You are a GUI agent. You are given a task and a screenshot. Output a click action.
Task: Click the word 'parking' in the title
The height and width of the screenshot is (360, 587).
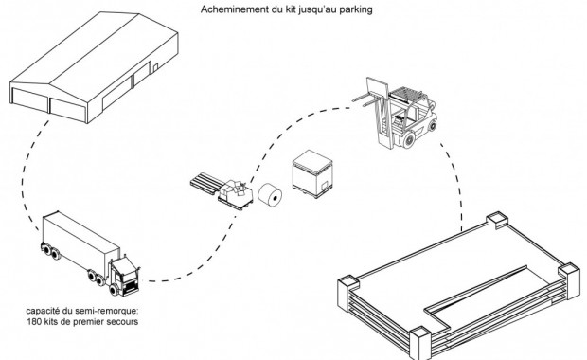tap(356, 9)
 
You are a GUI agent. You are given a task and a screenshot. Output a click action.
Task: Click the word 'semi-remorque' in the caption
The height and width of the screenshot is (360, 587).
tap(106, 311)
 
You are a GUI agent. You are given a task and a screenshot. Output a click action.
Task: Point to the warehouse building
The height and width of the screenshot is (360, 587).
tap(94, 66)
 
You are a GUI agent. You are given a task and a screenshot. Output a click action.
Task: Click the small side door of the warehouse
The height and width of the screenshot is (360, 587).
tap(155, 68)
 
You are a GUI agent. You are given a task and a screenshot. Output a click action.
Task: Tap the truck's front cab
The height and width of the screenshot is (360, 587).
tap(125, 277)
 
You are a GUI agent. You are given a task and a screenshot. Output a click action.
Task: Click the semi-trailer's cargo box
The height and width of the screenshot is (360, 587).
tap(80, 240)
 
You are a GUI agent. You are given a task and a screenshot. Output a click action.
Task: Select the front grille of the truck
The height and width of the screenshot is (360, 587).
tap(131, 288)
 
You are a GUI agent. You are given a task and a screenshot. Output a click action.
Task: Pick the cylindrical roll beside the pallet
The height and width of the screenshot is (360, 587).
tap(270, 195)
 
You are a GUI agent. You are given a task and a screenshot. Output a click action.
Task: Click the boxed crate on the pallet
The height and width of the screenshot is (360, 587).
tap(312, 173)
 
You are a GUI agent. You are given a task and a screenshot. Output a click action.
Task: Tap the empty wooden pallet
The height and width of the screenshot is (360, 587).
tap(206, 183)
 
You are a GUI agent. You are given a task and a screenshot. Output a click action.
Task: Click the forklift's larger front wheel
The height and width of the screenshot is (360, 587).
tap(407, 140)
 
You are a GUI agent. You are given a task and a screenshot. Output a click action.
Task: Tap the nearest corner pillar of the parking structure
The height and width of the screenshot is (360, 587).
tap(420, 343)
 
